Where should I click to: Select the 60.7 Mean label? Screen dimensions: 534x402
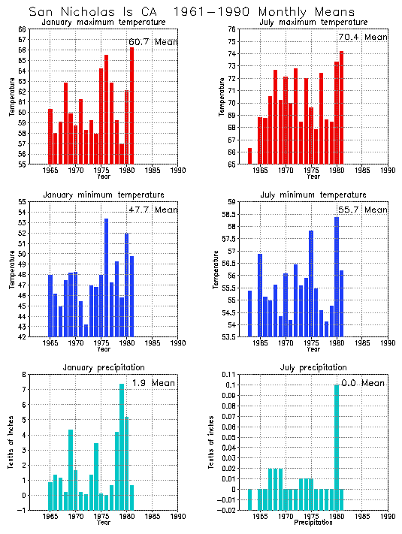[153, 42]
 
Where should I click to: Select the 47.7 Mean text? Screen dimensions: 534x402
[153, 210]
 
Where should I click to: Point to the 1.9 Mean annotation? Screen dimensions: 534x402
[153, 383]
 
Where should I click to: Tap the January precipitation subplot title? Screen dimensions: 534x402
[105, 367]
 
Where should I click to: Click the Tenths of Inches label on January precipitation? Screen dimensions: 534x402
[11, 443]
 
